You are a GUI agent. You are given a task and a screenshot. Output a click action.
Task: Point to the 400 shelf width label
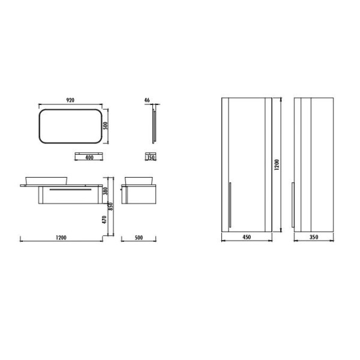click(x=89, y=158)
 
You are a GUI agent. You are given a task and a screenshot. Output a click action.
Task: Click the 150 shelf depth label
click(x=151, y=158)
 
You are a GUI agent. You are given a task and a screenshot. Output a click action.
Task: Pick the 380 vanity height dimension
click(x=106, y=191)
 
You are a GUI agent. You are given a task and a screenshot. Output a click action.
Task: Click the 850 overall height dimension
click(x=110, y=206)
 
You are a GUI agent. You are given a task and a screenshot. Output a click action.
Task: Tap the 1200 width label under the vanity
click(x=61, y=238)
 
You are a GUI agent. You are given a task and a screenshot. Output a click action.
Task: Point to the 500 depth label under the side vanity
click(x=139, y=238)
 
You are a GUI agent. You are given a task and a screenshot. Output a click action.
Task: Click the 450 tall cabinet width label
click(x=246, y=238)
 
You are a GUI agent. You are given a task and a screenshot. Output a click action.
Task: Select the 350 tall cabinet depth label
click(x=314, y=238)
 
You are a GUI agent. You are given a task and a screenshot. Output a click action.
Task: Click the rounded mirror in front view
click(x=70, y=125)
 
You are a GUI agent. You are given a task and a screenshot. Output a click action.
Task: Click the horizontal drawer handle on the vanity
click(x=72, y=188)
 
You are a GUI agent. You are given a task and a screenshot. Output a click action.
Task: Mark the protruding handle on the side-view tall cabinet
click(x=293, y=205)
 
